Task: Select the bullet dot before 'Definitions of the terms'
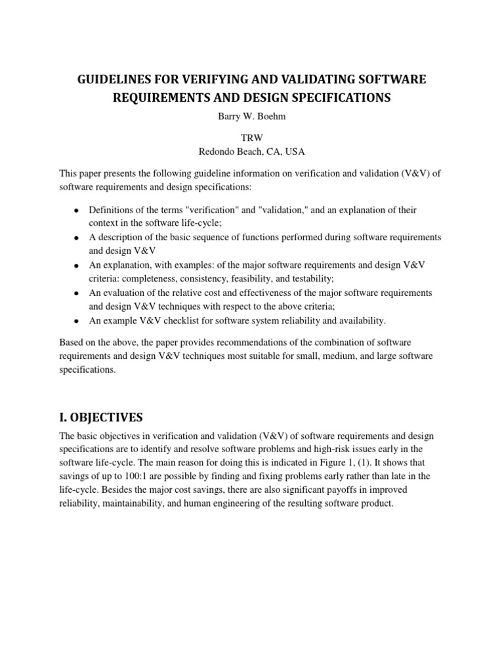76,211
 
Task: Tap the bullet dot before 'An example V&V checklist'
76,322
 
